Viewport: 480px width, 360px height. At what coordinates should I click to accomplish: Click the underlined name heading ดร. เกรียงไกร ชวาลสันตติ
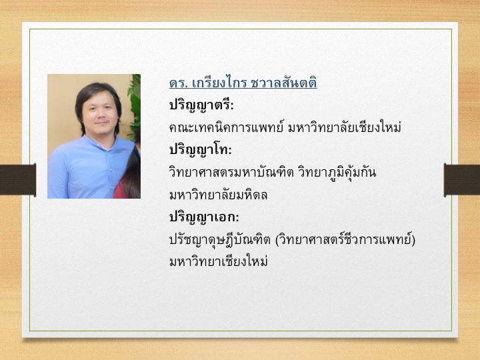243,83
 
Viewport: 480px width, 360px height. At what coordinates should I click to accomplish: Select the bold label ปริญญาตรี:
201,105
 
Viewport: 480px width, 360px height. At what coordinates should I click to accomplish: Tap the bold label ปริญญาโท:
201,150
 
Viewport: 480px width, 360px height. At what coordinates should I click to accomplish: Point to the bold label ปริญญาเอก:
204,217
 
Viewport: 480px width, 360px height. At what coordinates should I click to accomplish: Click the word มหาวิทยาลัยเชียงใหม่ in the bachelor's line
345,127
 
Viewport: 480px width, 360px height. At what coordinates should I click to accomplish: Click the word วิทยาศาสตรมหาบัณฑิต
231,172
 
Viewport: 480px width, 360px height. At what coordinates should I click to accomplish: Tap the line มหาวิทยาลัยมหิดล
218,195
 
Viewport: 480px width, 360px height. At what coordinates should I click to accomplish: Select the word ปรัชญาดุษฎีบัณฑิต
220,240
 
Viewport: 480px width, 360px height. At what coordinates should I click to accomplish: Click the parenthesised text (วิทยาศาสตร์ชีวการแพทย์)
345,240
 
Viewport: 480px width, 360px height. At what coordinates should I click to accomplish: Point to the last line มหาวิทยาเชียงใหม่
219,262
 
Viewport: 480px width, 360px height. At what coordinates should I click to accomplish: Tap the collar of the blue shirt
99,143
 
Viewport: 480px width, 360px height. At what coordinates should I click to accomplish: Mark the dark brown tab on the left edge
18,179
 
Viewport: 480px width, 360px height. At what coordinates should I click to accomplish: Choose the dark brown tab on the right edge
462,179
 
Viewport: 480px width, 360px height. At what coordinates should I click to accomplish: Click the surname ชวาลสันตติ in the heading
283,83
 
